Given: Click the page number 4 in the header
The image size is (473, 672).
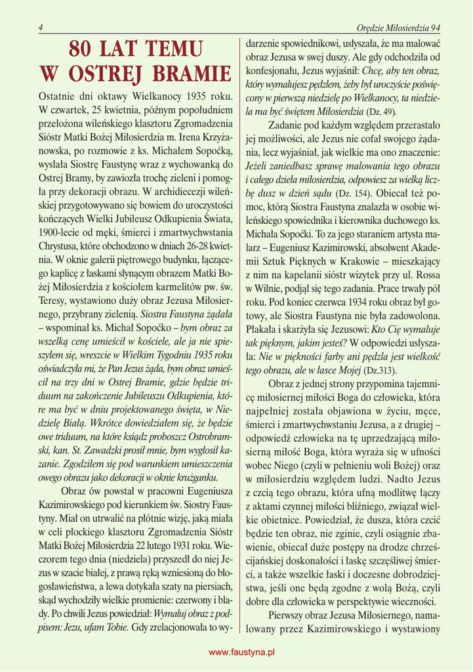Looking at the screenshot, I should tap(41, 28).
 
